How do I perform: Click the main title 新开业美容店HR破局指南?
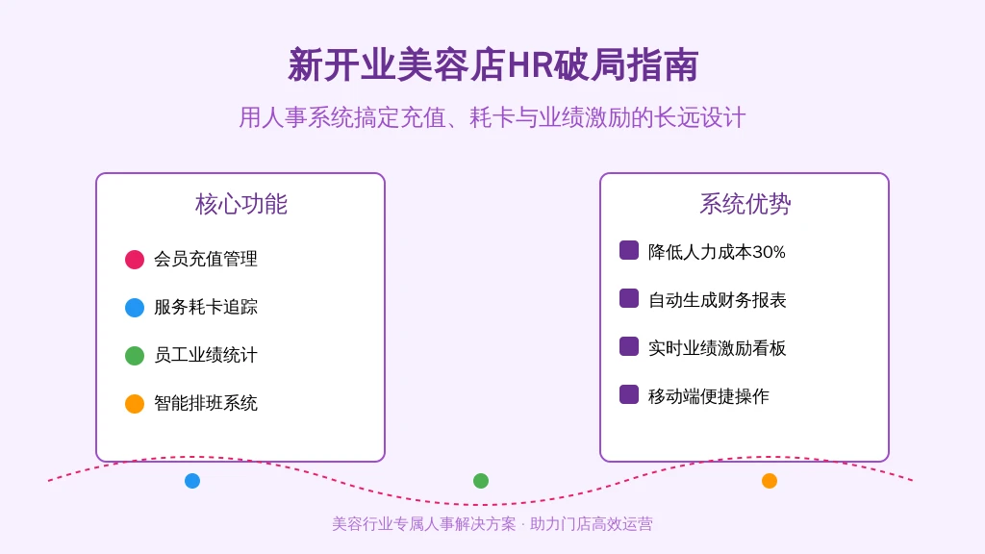coord(493,64)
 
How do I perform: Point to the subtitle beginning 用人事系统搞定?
coord(492,117)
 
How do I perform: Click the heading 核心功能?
coord(241,204)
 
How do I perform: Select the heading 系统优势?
coord(745,204)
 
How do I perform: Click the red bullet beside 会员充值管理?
coord(135,259)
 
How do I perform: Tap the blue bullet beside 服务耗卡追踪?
coord(135,307)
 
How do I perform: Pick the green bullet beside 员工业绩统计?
coord(135,356)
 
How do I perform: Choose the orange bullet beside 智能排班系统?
coord(135,403)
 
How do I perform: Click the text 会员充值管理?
coord(206,259)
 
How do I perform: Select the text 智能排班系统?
coord(206,403)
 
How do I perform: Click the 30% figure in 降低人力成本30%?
coord(769,252)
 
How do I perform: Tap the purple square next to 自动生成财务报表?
coord(629,298)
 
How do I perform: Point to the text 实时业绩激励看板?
coord(718,348)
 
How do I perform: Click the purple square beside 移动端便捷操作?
coord(629,394)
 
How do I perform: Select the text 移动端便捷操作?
coord(709,396)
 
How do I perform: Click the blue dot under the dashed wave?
coord(192,481)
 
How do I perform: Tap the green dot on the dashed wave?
coord(481,481)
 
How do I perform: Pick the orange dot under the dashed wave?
coord(770,481)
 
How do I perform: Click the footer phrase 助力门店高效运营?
coord(592,524)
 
